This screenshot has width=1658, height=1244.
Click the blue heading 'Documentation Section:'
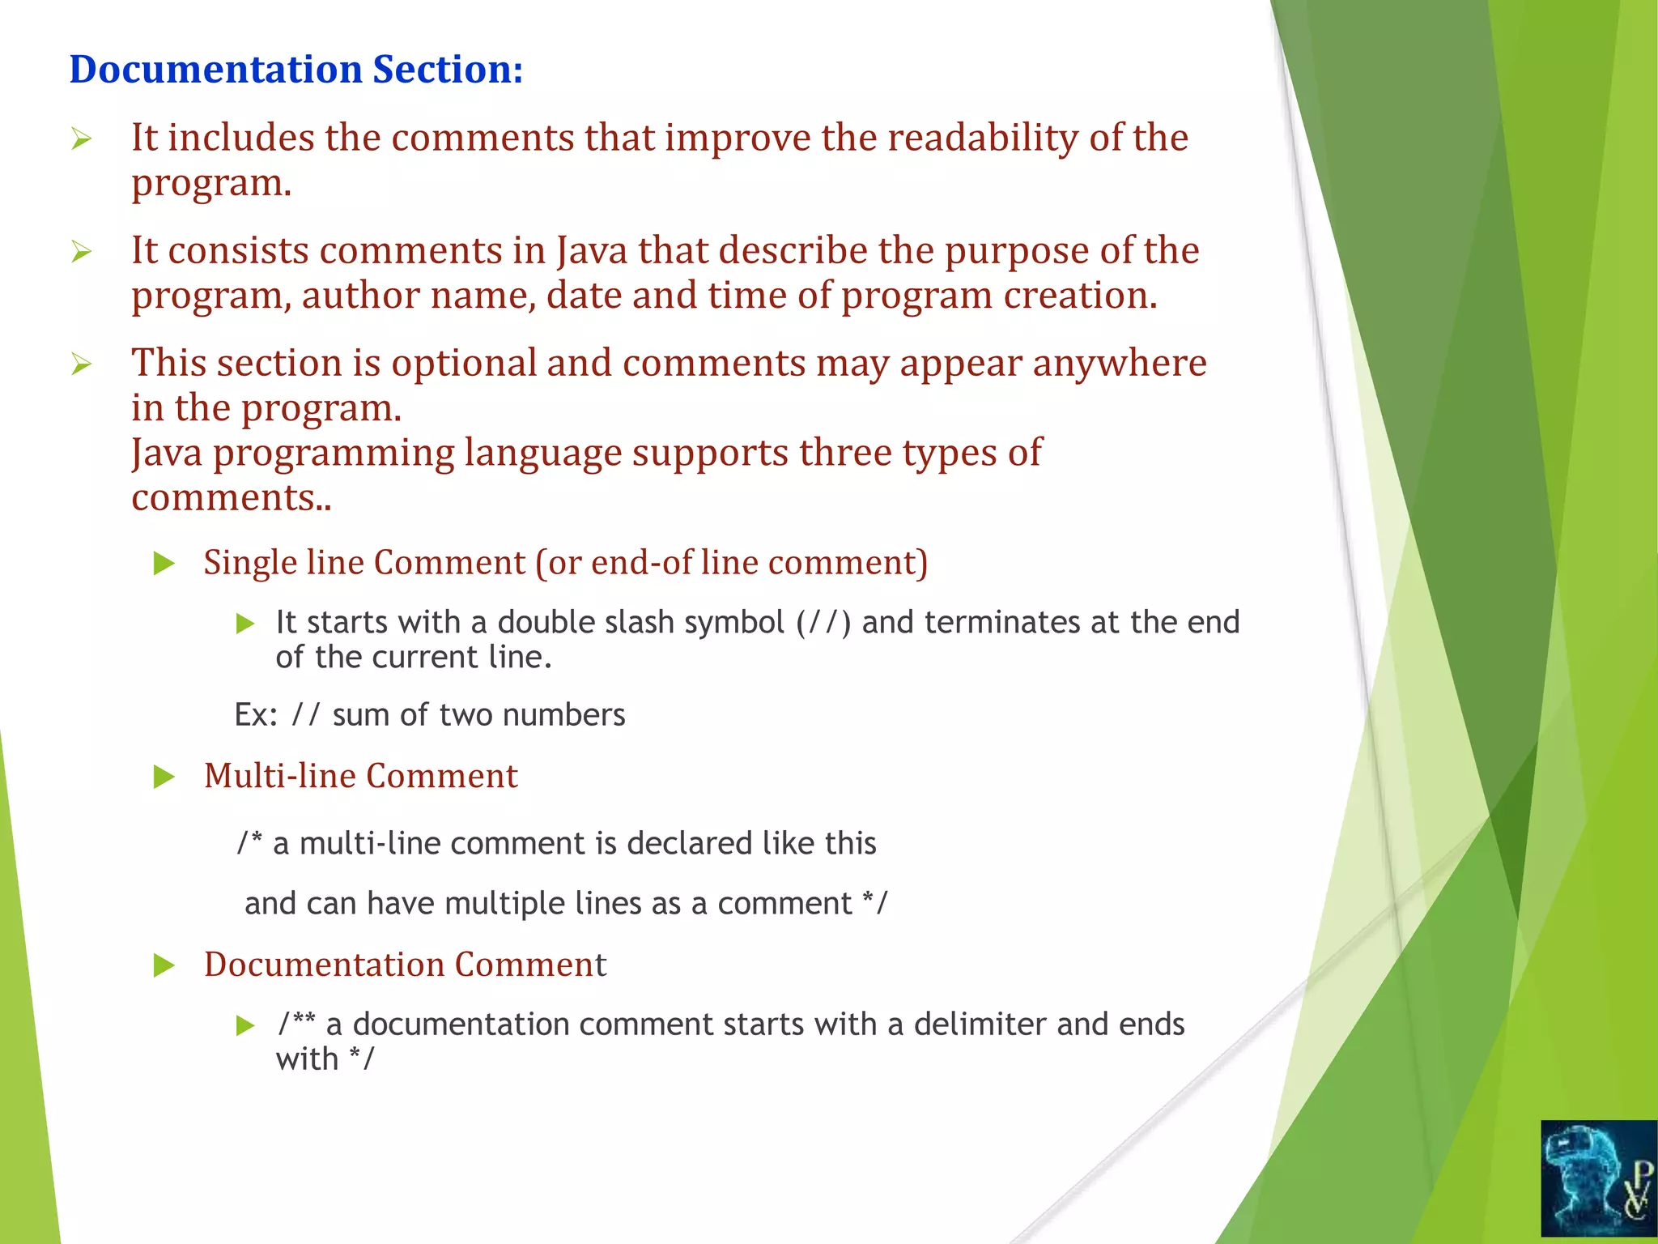pos(295,70)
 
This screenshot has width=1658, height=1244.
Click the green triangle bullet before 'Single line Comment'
pos(164,564)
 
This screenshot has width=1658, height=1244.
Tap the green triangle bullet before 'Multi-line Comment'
pos(164,777)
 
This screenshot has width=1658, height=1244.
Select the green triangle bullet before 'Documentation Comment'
pos(164,965)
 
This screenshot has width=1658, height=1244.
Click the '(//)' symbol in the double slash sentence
pos(823,623)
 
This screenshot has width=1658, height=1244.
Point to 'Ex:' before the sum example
pos(256,715)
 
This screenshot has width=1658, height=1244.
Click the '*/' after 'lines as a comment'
pos(875,903)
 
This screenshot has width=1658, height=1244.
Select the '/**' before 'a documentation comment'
pos(296,1024)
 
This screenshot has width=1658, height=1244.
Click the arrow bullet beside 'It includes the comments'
pos(81,140)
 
